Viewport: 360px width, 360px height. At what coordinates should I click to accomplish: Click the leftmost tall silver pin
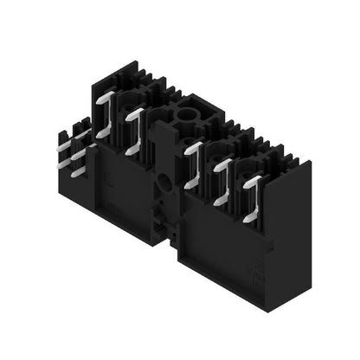click(105, 116)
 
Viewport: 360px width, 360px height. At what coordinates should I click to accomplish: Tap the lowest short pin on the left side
click(78, 172)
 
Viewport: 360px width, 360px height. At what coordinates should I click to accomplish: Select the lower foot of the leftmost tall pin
click(103, 134)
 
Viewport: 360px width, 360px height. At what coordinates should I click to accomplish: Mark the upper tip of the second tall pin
click(137, 113)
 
